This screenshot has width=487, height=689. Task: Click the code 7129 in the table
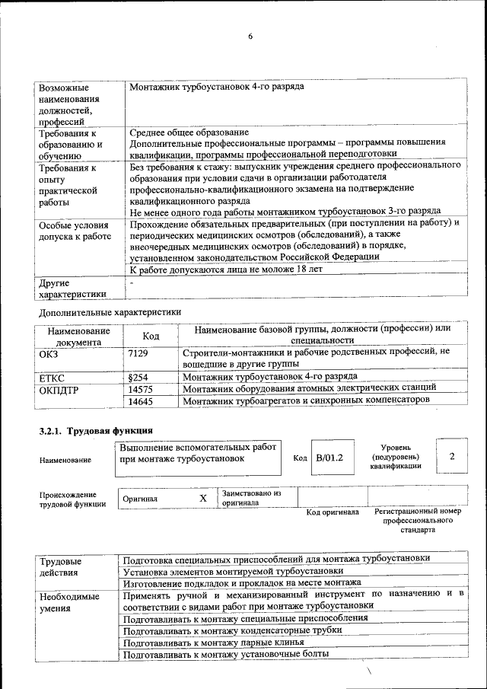click(x=138, y=354)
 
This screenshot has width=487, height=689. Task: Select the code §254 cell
click(x=138, y=377)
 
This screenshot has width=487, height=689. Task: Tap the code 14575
click(x=142, y=389)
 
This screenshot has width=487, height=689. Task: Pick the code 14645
click(x=142, y=400)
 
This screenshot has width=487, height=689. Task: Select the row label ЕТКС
click(x=52, y=378)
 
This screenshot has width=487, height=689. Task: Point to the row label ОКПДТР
click(x=59, y=390)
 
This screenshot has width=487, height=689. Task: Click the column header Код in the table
click(x=151, y=337)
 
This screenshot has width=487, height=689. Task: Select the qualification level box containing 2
click(x=452, y=456)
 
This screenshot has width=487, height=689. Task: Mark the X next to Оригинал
click(x=203, y=498)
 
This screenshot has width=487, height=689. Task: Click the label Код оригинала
click(x=332, y=512)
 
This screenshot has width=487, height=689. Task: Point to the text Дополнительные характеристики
click(x=110, y=312)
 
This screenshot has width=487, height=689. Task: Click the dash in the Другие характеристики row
click(x=132, y=283)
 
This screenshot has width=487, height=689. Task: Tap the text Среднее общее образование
click(x=189, y=132)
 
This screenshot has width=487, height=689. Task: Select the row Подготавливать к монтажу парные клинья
click(x=208, y=642)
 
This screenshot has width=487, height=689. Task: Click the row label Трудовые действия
click(x=61, y=565)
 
